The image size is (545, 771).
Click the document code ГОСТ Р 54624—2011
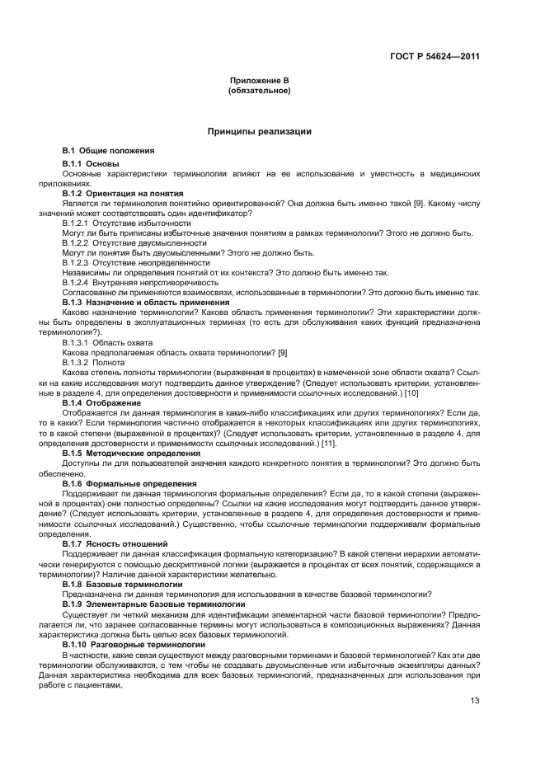coord(435,56)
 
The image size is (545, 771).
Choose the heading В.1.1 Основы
coord(91,164)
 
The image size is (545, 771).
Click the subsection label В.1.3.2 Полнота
coord(94,361)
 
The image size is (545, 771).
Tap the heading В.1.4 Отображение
coord(101,402)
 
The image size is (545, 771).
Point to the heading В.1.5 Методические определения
coord(131,453)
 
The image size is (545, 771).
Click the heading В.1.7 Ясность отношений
coord(115,544)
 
